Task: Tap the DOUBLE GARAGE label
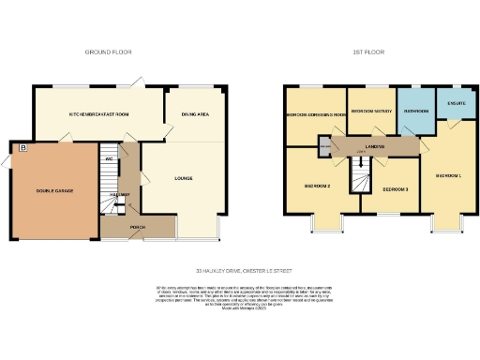point(54,190)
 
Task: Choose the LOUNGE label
point(184,176)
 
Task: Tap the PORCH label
point(138,225)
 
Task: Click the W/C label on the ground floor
point(110,158)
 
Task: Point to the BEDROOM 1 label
point(448,176)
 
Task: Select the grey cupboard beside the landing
point(325,148)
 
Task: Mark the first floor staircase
point(358,174)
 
